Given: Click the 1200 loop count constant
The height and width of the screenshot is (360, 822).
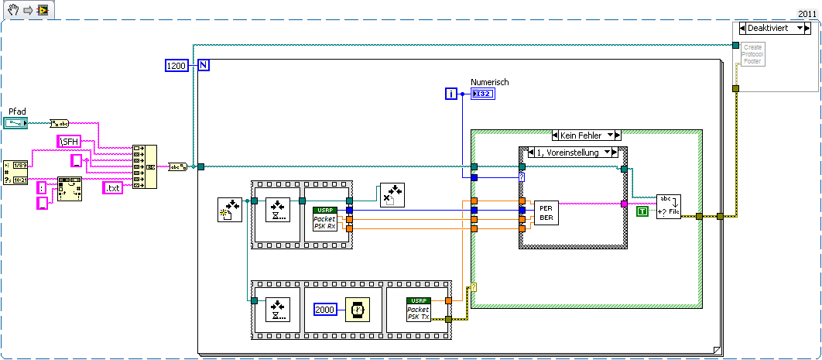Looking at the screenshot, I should [176, 66].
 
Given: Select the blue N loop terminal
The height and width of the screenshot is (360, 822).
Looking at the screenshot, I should [204, 66].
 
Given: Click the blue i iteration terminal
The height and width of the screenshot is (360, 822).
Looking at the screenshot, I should [452, 94].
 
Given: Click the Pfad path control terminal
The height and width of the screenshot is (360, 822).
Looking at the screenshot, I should [16, 122].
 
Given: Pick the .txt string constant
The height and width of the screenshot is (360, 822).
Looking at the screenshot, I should [118, 187].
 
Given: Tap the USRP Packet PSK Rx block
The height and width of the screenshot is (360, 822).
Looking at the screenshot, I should [324, 219].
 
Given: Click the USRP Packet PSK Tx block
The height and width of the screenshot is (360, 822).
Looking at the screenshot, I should [419, 308].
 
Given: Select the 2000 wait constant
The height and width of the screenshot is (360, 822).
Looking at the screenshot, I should [326, 309].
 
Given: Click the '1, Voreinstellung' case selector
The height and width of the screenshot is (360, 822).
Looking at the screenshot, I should [572, 153].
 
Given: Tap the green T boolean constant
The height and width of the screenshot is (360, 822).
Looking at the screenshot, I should [641, 211].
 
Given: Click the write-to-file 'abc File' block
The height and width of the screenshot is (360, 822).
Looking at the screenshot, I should [668, 207].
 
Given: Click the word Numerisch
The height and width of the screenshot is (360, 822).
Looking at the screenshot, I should [489, 82].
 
